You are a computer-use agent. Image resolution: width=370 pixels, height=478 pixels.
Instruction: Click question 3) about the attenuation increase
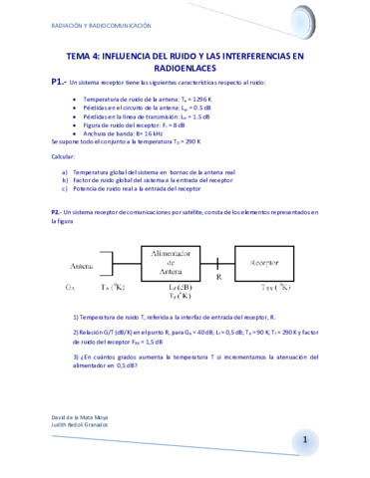coord(189,360)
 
